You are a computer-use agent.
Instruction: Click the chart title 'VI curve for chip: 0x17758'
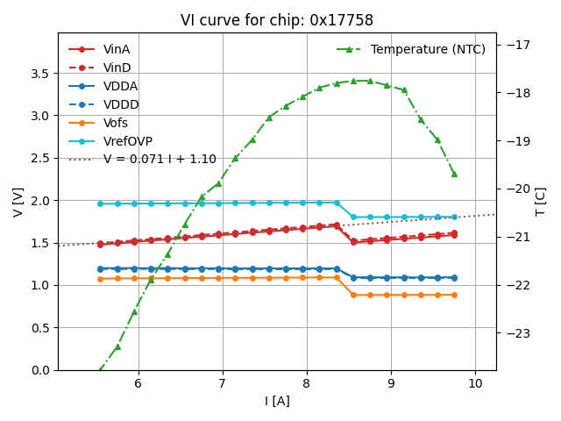pyautogui.click(x=277, y=20)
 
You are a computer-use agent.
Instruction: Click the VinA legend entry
pyautogui.click(x=117, y=49)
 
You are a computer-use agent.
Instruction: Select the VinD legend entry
pyautogui.click(x=117, y=68)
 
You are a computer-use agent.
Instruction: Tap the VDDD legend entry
pyautogui.click(x=121, y=104)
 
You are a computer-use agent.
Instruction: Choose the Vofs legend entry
pyautogui.click(x=116, y=123)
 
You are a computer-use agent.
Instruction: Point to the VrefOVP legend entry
pyautogui.click(x=128, y=141)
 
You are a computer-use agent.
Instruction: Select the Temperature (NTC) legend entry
pyautogui.click(x=428, y=49)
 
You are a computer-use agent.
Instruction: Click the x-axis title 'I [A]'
pyautogui.click(x=277, y=401)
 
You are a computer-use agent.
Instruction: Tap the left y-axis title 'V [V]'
pyautogui.click(x=18, y=202)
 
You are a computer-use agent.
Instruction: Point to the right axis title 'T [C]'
pyautogui.click(x=541, y=202)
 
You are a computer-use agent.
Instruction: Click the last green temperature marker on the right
pyautogui.click(x=454, y=174)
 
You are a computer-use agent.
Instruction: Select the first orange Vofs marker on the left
pyautogui.click(x=100, y=279)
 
